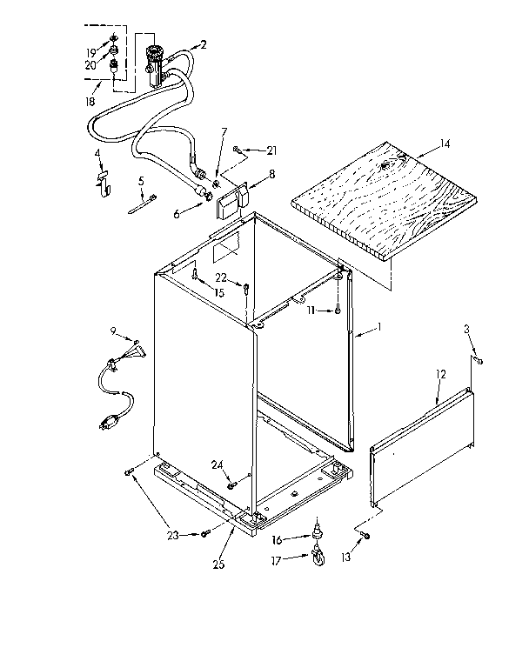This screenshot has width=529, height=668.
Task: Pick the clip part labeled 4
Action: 102,180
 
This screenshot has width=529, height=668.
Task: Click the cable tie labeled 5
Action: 144,204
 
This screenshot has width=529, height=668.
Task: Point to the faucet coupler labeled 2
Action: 157,59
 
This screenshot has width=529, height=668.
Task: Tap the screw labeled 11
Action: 336,311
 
